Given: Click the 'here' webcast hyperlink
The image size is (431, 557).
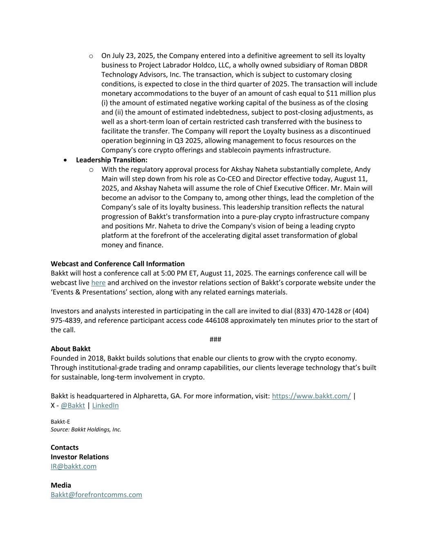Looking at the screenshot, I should [x=98, y=282].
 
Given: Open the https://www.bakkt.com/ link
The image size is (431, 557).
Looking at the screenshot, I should [x=311, y=396].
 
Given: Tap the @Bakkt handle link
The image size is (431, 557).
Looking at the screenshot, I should [x=73, y=405].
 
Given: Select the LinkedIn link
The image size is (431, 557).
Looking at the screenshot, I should [x=105, y=405].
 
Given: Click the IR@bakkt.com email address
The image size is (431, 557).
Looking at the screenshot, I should [x=74, y=466].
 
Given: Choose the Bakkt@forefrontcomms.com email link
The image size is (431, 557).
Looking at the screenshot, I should [x=96, y=495].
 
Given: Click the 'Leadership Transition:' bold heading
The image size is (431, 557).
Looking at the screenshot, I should [x=112, y=160].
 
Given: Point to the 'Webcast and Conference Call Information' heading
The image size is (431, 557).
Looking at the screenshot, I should [x=118, y=264].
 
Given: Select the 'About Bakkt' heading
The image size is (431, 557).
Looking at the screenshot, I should [x=71, y=348].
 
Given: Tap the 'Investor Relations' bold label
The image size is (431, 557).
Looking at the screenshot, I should [x=80, y=457].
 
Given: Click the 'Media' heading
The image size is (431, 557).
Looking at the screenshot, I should [x=61, y=485].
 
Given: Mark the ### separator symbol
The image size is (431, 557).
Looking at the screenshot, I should [x=215, y=339].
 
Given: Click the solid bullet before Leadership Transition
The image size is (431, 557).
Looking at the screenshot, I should [x=65, y=160].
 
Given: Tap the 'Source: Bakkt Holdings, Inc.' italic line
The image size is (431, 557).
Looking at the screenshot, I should [x=86, y=429].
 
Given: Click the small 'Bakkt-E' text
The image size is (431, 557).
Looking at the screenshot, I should [x=60, y=422].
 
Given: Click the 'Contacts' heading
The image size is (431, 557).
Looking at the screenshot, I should [x=65, y=447].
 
